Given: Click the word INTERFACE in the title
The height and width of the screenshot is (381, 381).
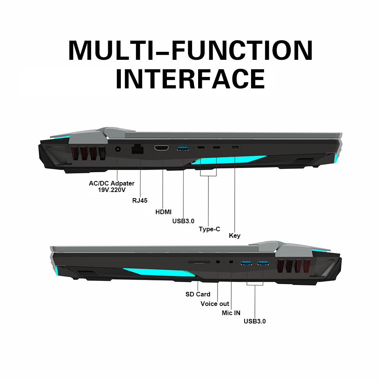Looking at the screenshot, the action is (x=190, y=79).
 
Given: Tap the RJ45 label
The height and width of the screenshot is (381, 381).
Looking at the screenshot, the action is (x=140, y=200).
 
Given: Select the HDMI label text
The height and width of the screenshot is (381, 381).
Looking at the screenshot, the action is (x=163, y=212).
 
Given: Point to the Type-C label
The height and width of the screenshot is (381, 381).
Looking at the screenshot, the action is (x=210, y=229).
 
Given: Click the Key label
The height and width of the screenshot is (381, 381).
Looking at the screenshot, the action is (x=234, y=236).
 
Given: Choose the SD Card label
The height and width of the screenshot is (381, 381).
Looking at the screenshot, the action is (x=198, y=294).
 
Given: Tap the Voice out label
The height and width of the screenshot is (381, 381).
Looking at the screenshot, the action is (x=215, y=304).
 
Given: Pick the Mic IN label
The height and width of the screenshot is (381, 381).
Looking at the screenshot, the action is (x=231, y=313).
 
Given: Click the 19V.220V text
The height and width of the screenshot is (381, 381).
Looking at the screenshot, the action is (x=112, y=190).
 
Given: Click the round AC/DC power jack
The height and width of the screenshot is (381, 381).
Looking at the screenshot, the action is (x=118, y=149).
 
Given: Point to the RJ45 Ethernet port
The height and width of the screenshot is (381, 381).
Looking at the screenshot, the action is (x=138, y=149).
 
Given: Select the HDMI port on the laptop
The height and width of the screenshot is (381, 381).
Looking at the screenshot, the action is (x=162, y=148).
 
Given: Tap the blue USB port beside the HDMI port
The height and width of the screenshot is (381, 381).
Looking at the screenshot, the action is (x=183, y=148).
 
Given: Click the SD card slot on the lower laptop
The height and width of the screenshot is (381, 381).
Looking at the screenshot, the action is (x=199, y=262).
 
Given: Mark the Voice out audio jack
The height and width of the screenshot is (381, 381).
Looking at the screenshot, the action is (x=218, y=262).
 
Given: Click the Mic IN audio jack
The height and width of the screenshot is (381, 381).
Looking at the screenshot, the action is (x=231, y=262).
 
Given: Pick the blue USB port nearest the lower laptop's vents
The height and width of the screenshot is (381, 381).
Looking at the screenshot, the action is (x=263, y=263).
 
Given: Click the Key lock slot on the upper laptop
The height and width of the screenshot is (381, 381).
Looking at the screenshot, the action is (x=235, y=147).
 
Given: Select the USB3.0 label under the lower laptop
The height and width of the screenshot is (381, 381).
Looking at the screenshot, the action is (x=255, y=321).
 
